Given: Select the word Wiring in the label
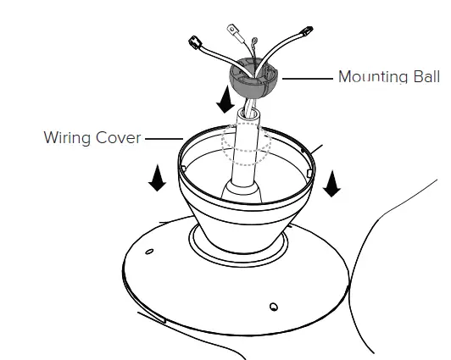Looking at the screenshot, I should [x=67, y=137].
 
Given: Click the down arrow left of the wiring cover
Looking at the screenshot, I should [x=158, y=178].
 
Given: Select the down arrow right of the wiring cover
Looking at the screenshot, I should [x=333, y=183].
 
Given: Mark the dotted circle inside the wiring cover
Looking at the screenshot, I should [x=245, y=147].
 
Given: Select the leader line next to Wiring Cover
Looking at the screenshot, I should [x=163, y=137].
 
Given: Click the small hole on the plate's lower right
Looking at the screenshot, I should [x=273, y=305].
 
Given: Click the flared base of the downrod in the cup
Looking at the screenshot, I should [x=245, y=197].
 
